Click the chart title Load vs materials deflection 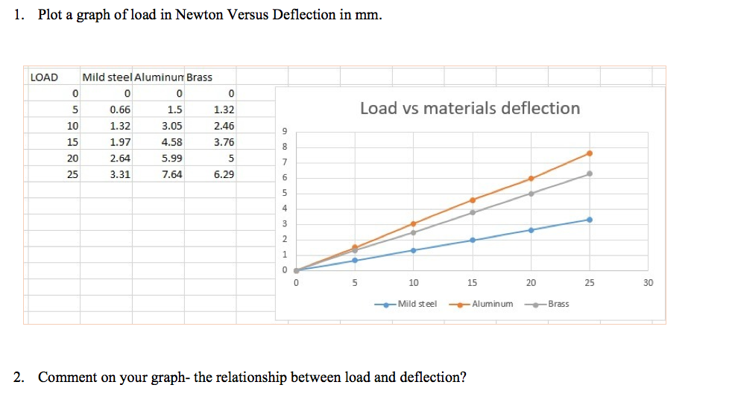tap(470, 109)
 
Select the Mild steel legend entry tap(417, 304)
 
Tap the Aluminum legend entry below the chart tap(492, 304)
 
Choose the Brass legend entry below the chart tap(558, 304)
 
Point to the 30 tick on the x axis tap(648, 283)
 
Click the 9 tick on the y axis tap(284, 131)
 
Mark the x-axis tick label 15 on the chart tap(472, 283)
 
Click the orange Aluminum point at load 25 tap(590, 153)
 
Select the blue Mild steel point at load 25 tap(590, 220)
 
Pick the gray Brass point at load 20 tap(531, 194)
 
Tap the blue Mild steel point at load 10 tap(414, 250)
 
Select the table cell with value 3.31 tap(120, 175)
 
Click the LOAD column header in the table tap(44, 77)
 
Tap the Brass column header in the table tap(199, 77)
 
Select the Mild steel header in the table tap(107, 77)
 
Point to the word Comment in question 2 tap(66, 377)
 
